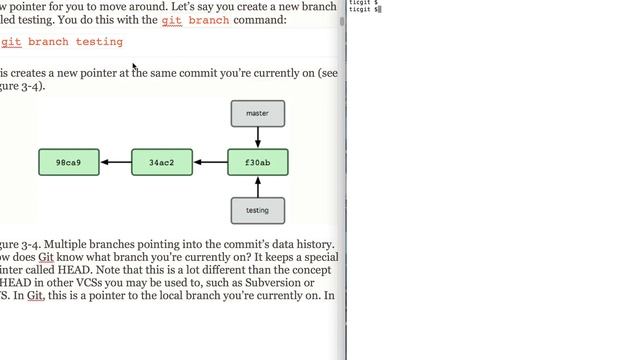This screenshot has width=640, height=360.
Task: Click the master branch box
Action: pos(258,113)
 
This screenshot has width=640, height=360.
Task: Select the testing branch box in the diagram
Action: pos(258,210)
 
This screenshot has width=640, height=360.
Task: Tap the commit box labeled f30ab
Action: pos(258,162)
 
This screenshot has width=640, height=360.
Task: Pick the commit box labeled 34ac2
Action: pos(162,162)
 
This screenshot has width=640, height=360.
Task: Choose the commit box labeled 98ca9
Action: pos(68,162)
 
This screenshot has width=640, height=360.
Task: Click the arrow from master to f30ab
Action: pos(258,137)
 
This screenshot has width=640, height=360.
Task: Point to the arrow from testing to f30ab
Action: pos(258,186)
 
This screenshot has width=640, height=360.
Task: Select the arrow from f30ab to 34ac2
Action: pos(210,162)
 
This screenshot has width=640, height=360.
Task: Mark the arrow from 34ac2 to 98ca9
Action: pos(115,162)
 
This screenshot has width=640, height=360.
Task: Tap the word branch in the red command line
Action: pos(48,42)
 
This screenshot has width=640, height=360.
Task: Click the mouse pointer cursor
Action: pos(134,68)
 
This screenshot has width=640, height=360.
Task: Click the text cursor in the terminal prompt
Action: pos(381,9)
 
